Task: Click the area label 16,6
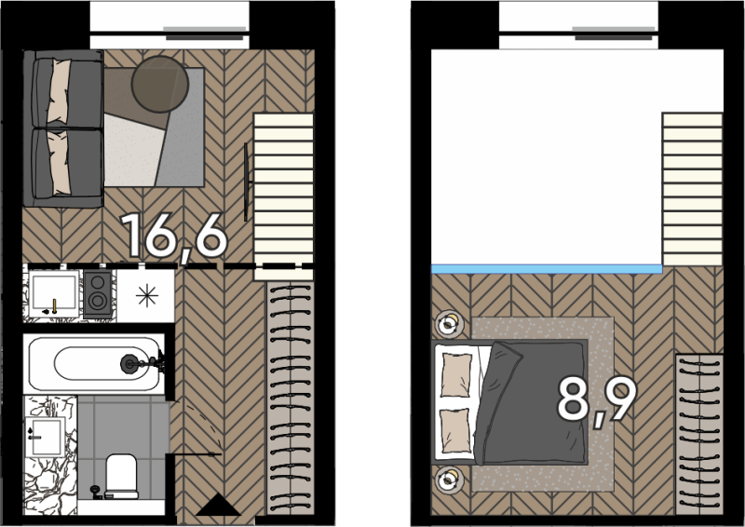tap(174, 236)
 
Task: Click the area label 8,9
tap(597, 400)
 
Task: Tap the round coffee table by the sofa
tap(159, 84)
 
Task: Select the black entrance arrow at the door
tap(218, 505)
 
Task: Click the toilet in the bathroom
tap(121, 476)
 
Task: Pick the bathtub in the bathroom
tap(95, 364)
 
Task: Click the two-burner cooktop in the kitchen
tap(98, 293)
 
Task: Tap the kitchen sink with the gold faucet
tap(54, 293)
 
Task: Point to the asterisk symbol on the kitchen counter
tap(147, 295)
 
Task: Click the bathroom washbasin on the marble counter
tap(46, 437)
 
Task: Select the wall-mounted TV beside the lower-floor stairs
tap(246, 182)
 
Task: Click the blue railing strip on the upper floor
tap(547, 269)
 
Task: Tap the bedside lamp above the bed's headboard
tap(448, 324)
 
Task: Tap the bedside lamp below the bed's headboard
tap(448, 480)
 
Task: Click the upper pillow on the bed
tap(456, 375)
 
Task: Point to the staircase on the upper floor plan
tap(693, 189)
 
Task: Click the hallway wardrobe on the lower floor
tap(290, 399)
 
